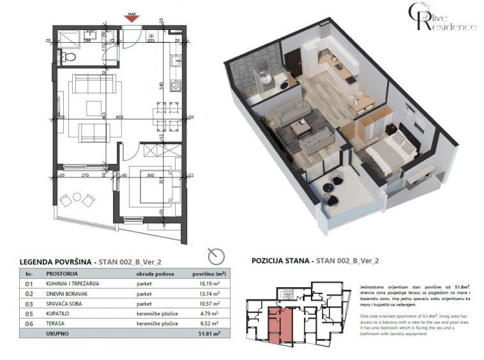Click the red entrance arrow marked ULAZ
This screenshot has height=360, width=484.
coord(132,18)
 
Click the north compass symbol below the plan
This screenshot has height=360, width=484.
coord(218,255)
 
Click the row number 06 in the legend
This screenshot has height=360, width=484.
coord(28,323)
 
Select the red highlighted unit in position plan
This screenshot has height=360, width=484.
coord(277,322)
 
